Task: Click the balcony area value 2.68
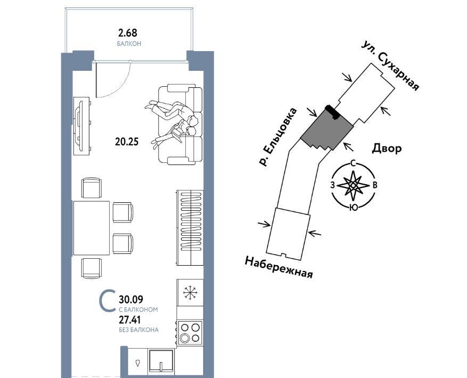pos(127,32)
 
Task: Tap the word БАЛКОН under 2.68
pos(129,44)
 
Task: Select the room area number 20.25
pos(127,142)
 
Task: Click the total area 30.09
pos(131,299)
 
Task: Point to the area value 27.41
pos(130,319)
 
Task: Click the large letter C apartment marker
pos(108,301)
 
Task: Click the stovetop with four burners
pos(190,333)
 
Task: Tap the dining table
pos(92,228)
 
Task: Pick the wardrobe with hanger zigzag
pos(190,228)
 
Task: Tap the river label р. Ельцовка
pos(278,137)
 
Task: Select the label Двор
pos(387,148)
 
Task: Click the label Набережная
pos(279,267)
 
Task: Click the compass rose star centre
pos(353,185)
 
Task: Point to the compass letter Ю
pos(354,208)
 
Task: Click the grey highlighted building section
pos(327,130)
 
